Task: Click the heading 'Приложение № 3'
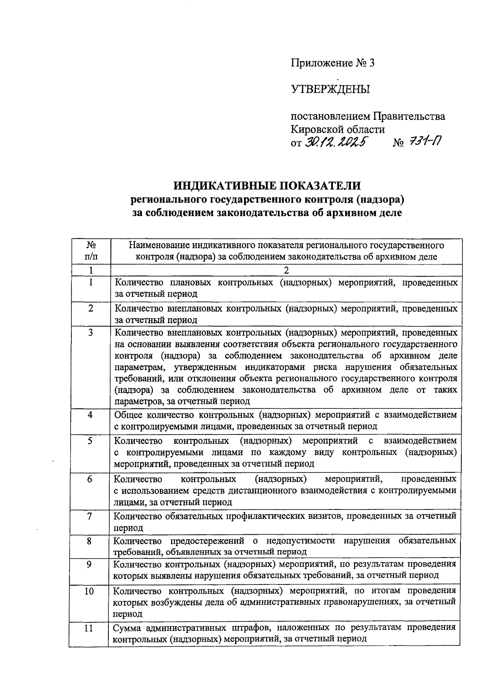pyautogui.click(x=332, y=63)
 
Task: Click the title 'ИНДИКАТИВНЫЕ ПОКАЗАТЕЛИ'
pyautogui.click(x=267, y=186)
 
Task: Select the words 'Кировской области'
pyautogui.click(x=337, y=130)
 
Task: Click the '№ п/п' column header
pyautogui.click(x=91, y=251)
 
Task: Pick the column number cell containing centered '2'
pyautogui.click(x=286, y=271)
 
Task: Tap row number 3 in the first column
pyautogui.click(x=91, y=333)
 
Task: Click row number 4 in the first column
pyautogui.click(x=90, y=415)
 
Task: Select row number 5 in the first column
pyautogui.click(x=90, y=441)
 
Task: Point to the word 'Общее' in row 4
pyautogui.click(x=128, y=415)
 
